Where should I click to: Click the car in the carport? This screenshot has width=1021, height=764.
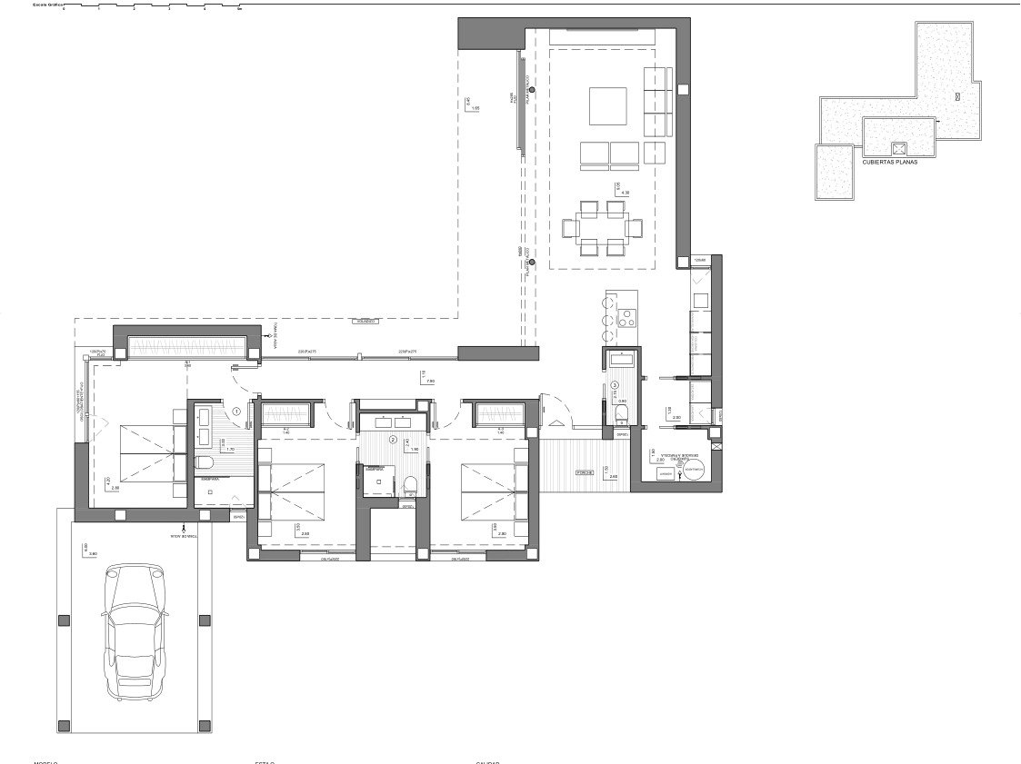[x=135, y=631]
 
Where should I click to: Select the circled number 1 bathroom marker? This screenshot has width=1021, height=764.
[x=237, y=411]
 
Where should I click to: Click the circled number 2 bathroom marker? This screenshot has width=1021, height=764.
[x=393, y=440]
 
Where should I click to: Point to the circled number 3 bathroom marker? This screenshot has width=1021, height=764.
[x=615, y=385]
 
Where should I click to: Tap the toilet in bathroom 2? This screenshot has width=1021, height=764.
[x=410, y=483]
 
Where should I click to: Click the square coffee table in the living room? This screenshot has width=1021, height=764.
[x=607, y=105]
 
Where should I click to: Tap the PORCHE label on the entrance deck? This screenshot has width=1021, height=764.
[x=585, y=473]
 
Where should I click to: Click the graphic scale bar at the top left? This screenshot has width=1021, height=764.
[x=151, y=8]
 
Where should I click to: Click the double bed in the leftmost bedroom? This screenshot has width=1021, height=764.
[x=136, y=451]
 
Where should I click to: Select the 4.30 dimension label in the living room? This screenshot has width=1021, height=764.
[x=624, y=193]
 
